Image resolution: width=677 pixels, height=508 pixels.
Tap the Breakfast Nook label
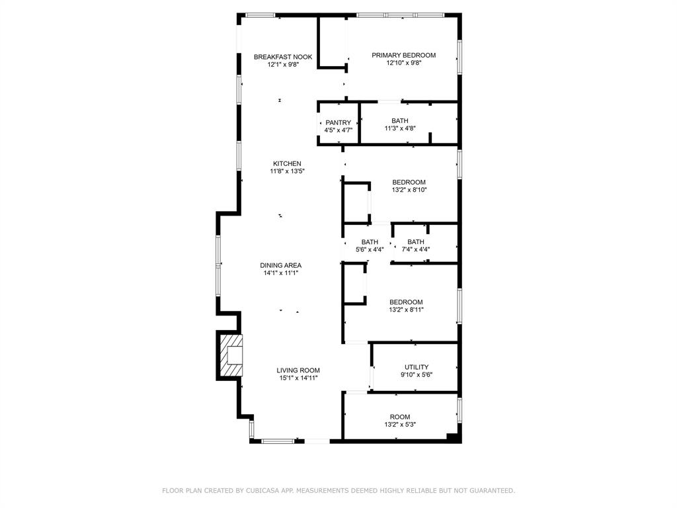283,57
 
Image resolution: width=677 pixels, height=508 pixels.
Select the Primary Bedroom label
403,56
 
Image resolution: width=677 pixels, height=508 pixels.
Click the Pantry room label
338,122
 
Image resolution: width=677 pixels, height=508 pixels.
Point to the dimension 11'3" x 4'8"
400,130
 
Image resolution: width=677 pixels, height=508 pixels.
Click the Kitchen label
287,163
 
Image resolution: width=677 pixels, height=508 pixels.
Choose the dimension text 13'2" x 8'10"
409,190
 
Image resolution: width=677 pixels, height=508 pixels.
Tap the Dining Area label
280,265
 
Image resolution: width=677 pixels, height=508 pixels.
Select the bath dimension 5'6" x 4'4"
370,249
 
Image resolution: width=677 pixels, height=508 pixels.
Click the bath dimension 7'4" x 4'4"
416,249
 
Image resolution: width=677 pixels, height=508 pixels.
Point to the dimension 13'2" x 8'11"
406,310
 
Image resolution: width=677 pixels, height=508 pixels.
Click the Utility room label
417,367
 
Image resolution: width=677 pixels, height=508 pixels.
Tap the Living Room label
298,370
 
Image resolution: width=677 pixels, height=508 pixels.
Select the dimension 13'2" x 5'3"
400,425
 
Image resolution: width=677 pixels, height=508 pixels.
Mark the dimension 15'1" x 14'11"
298,378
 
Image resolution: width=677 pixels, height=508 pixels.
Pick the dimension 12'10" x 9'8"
403,63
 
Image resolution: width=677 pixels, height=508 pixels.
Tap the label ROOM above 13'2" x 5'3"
400,417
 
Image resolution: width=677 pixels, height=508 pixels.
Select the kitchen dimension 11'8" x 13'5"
287,171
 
